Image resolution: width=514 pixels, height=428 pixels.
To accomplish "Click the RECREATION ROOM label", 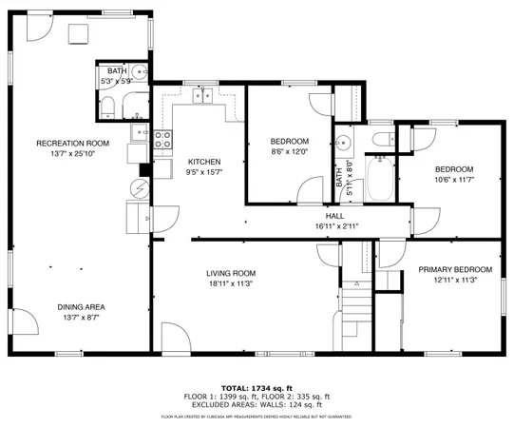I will coord(73,143).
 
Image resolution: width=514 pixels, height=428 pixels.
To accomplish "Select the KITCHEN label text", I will coord(204,161).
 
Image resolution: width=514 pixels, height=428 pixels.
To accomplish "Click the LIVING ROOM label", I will coord(231,273).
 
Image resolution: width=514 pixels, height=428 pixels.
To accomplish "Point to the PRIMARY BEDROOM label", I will coord(455,270).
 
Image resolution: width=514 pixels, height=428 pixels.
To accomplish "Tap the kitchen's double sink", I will coord(201,95).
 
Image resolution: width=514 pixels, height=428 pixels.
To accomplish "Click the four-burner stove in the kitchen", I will coord(162,141).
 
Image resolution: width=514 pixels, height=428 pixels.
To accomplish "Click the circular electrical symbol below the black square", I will coord(140,188).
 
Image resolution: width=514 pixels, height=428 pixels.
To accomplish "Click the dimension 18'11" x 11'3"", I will coord(231,283).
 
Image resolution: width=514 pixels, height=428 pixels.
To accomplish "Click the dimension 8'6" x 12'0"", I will coord(289,152).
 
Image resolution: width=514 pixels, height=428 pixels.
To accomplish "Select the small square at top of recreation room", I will coord(78,33).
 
